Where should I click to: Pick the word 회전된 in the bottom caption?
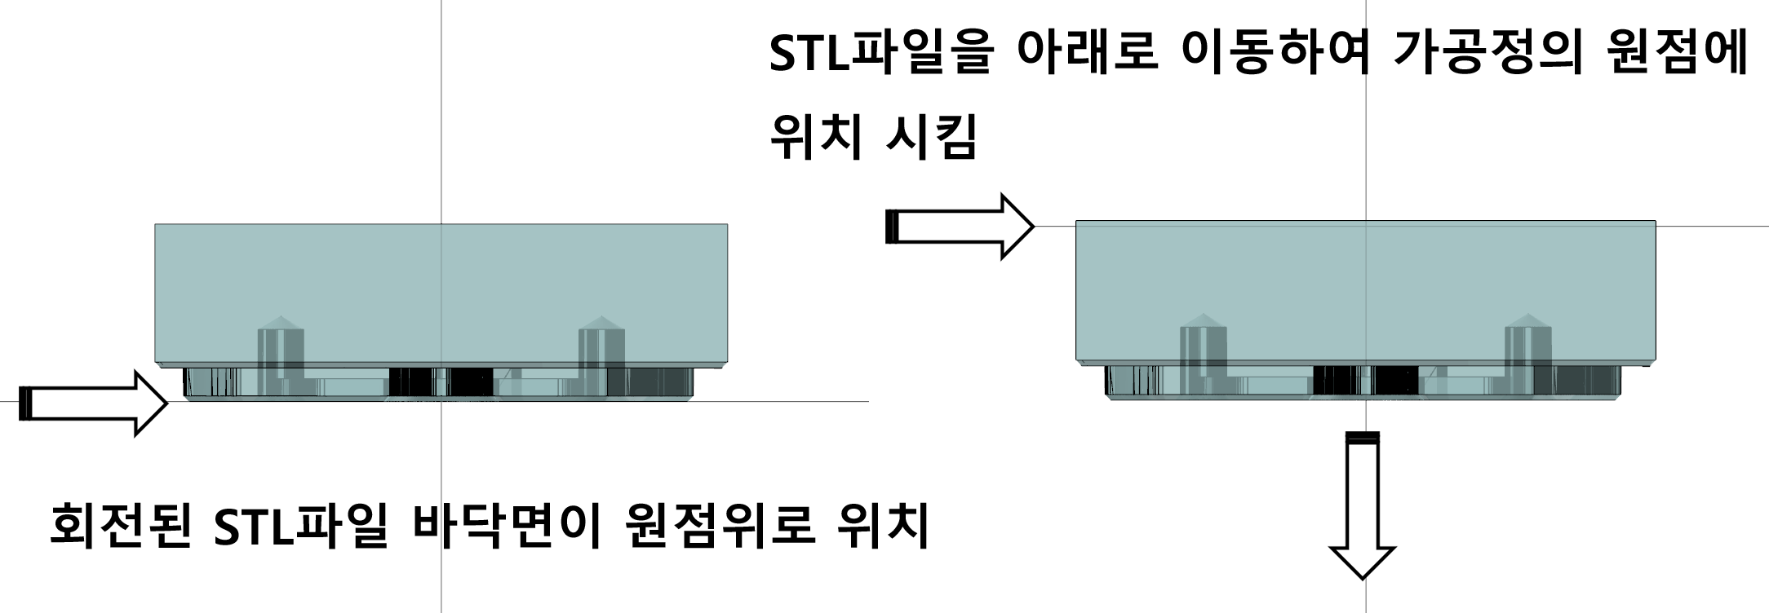(121, 524)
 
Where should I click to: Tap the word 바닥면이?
(507, 524)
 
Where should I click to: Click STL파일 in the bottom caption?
(300, 524)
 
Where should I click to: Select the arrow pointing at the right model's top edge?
(960, 227)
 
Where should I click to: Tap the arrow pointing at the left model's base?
(93, 403)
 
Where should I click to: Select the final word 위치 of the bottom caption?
(884, 524)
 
